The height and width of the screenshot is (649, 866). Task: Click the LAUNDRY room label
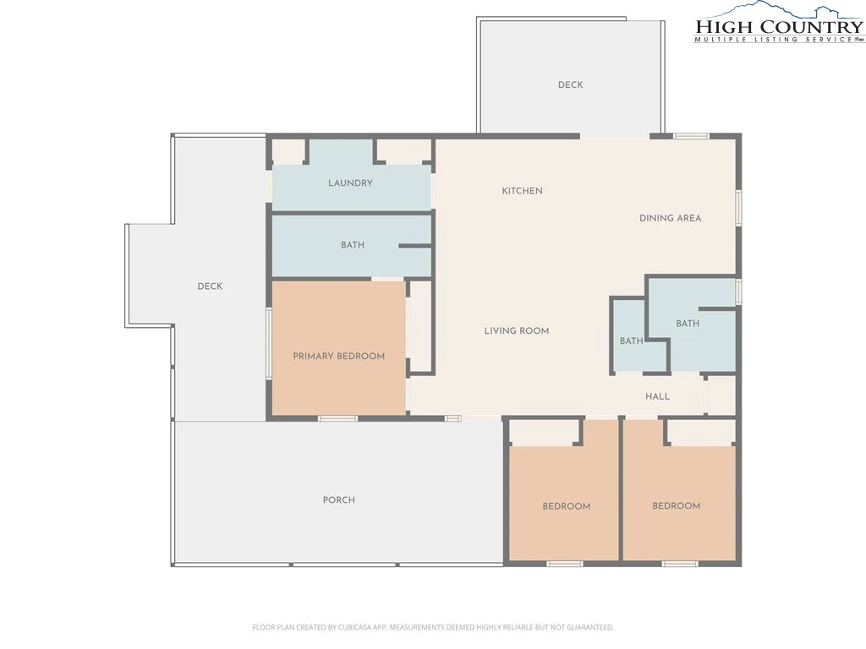(x=350, y=183)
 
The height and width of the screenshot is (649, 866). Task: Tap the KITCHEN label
(x=522, y=191)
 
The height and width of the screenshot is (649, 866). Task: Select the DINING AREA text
(x=670, y=218)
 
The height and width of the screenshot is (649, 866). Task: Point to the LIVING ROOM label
(x=517, y=330)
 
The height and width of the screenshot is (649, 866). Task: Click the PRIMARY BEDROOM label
(x=338, y=356)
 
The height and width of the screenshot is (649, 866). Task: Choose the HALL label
(x=657, y=396)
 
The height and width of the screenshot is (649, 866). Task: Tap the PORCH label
(x=338, y=499)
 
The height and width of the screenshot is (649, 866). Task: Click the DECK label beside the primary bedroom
(x=210, y=286)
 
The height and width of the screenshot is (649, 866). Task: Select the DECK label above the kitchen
(x=571, y=85)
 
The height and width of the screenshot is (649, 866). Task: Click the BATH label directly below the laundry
(x=353, y=245)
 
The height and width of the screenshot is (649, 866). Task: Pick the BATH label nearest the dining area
(x=688, y=324)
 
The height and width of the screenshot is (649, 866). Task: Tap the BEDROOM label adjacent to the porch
(x=566, y=506)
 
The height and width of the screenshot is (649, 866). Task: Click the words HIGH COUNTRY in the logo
(x=779, y=26)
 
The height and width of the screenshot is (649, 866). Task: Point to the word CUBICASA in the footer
(x=356, y=627)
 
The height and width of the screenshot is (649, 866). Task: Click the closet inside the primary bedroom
(x=421, y=327)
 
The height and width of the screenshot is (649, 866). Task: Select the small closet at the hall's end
(x=721, y=395)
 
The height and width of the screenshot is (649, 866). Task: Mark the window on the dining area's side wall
(x=738, y=208)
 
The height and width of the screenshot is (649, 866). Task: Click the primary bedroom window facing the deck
(x=269, y=343)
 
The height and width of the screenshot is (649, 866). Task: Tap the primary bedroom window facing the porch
(x=337, y=418)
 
